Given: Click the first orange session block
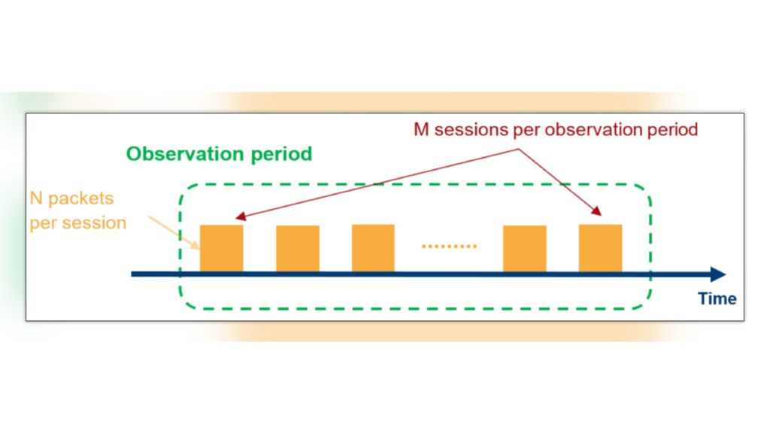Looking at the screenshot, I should [221, 248].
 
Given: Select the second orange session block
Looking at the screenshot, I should [297, 248].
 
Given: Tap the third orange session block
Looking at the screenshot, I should [373, 248].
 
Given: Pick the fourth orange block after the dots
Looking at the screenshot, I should [524, 248].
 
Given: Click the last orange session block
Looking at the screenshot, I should [600, 248].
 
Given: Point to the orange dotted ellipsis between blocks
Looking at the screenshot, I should [449, 246].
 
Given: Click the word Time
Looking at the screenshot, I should [717, 298].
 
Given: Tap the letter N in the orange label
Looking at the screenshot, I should [35, 198].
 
